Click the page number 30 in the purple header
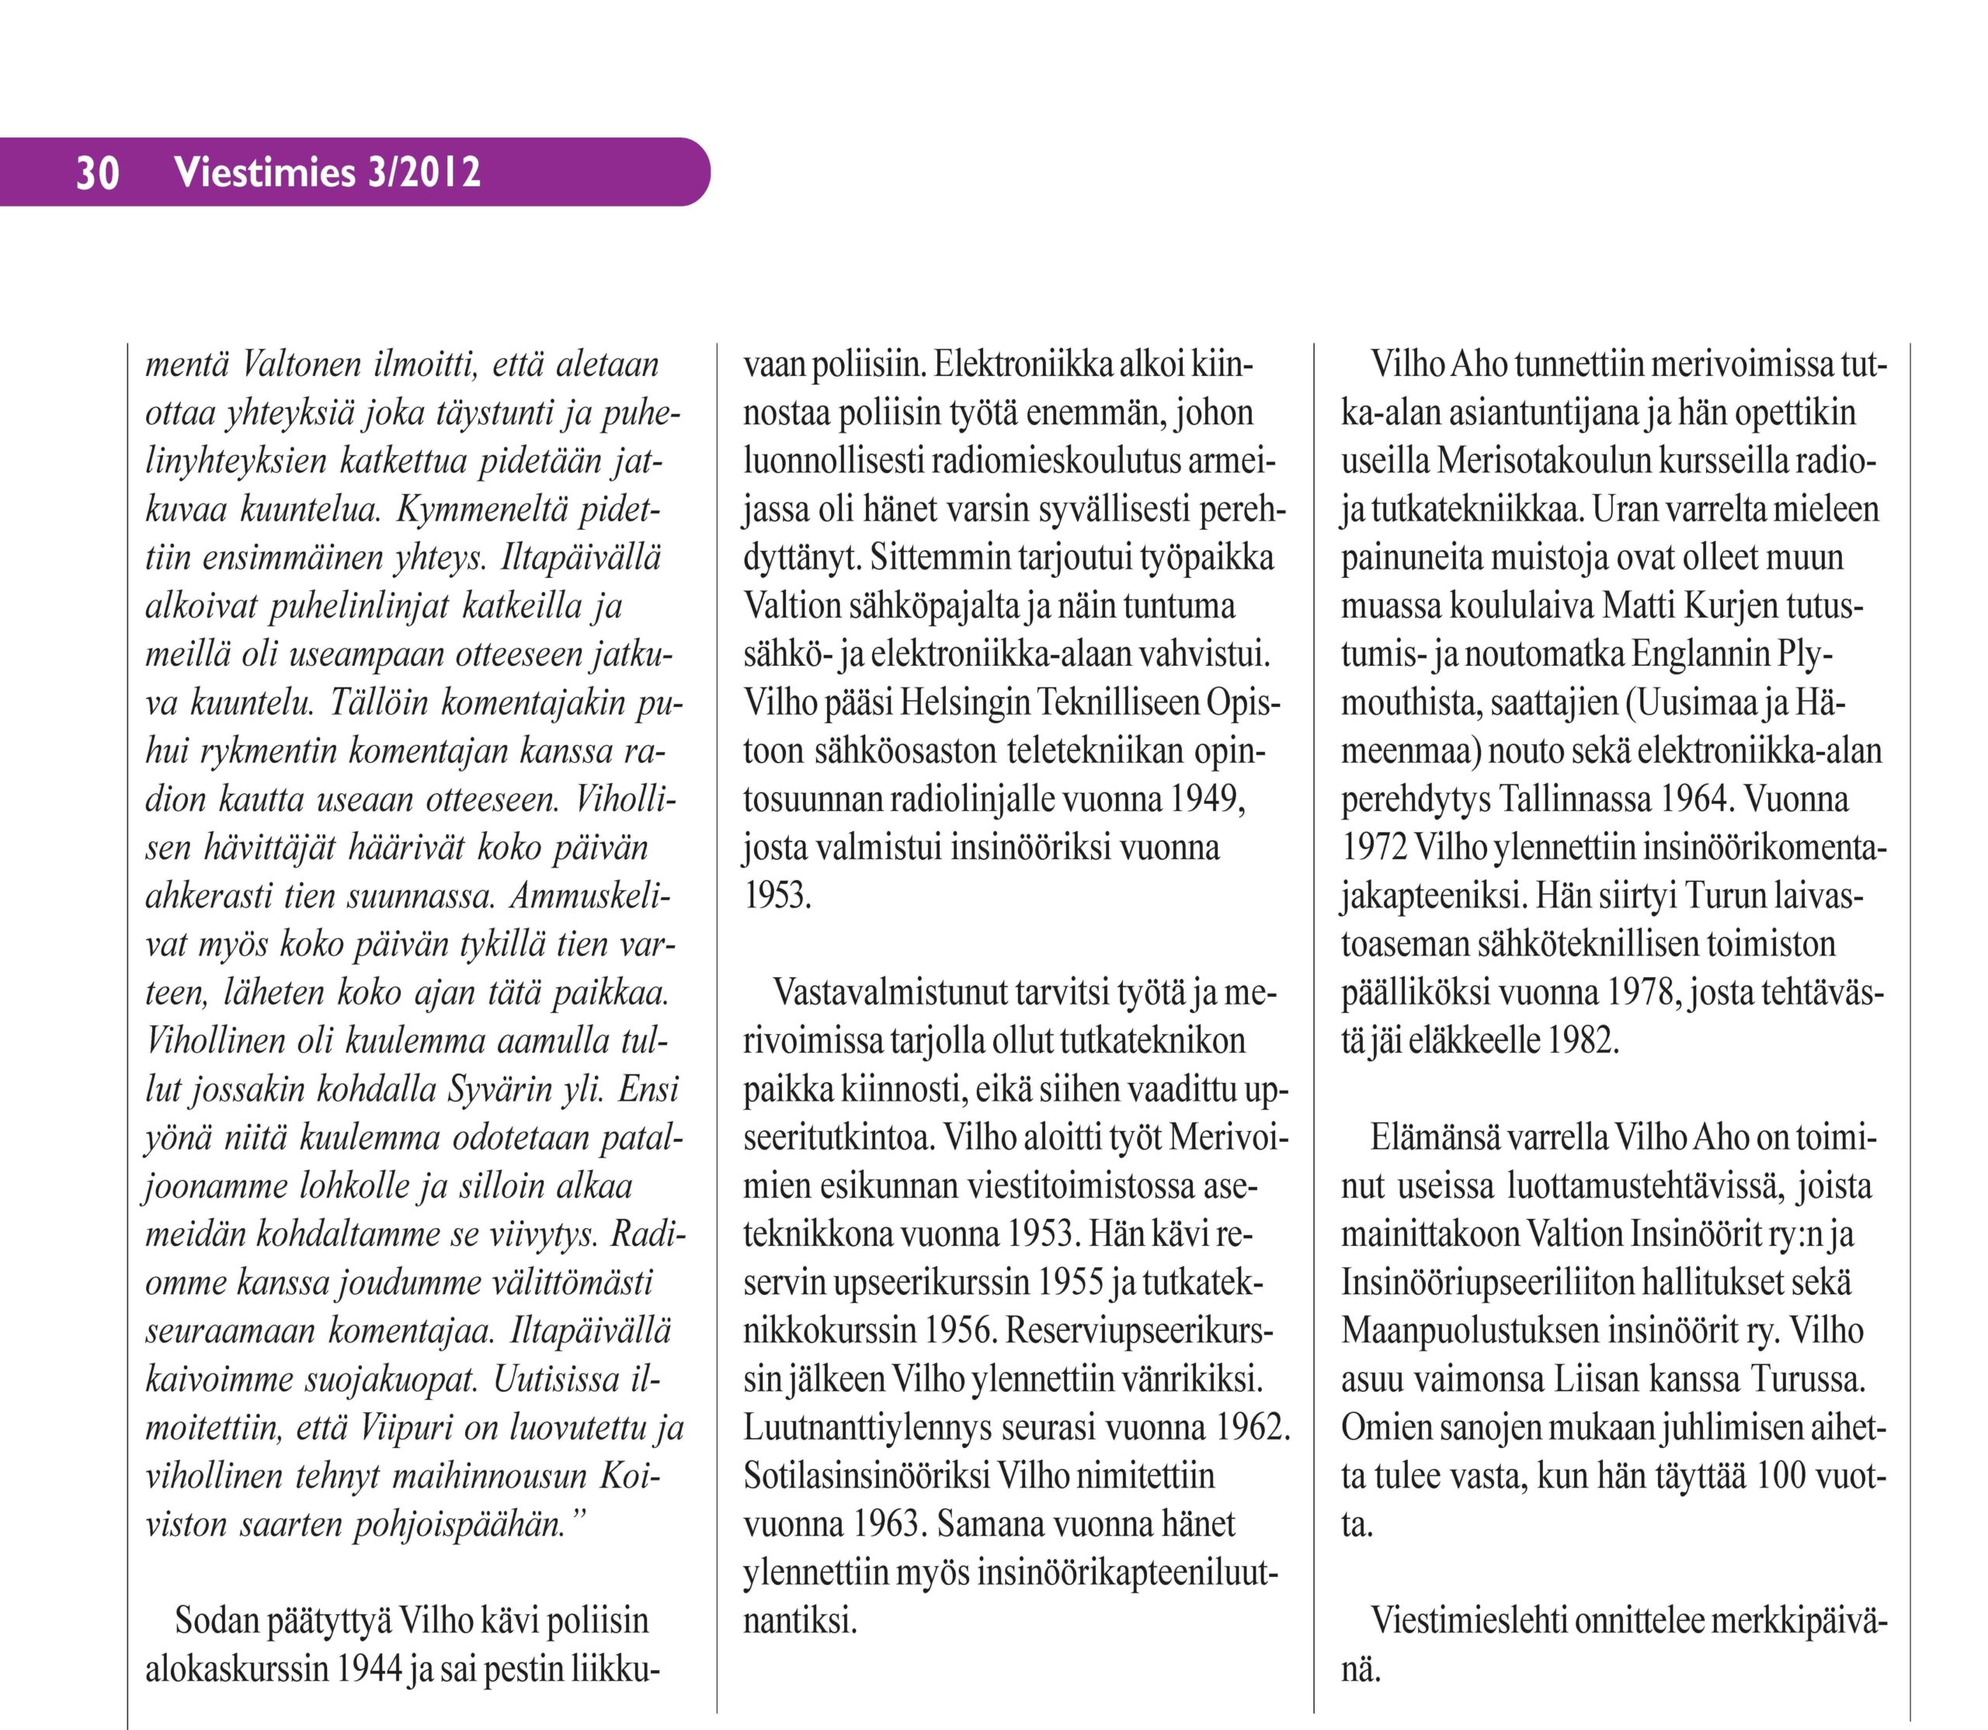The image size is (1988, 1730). [x=98, y=172]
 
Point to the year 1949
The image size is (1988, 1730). [x=1206, y=799]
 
